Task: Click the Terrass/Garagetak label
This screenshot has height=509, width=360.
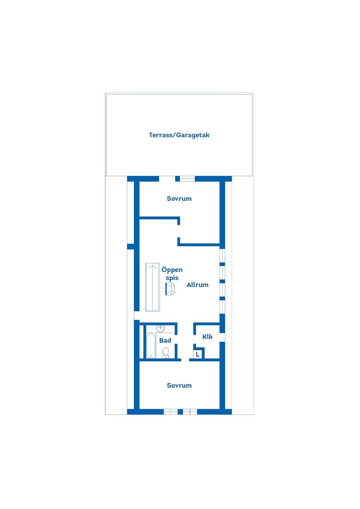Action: click(179, 135)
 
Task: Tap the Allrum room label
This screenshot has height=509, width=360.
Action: click(198, 285)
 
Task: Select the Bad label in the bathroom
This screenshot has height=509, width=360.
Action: click(165, 340)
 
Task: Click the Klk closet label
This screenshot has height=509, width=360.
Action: click(207, 337)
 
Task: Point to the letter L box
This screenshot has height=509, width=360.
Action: click(198, 354)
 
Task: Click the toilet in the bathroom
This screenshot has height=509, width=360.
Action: click(166, 352)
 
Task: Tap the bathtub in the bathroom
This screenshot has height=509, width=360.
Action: click(151, 346)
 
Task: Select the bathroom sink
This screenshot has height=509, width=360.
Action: click(160, 328)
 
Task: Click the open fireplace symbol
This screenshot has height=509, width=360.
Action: click(170, 289)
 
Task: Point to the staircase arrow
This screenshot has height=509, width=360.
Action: click(153, 287)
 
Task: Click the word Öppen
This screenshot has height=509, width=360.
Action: click(172, 270)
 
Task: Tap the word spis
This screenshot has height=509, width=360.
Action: click(172, 278)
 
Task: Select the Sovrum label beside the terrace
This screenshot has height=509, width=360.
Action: click(179, 199)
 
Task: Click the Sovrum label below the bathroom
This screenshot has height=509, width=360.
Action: click(179, 385)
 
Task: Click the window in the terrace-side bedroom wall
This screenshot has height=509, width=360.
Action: click(187, 179)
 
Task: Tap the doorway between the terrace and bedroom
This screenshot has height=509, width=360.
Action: click(167, 179)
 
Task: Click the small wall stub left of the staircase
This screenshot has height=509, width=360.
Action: click(130, 247)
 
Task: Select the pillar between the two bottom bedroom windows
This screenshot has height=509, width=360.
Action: click(180, 412)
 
